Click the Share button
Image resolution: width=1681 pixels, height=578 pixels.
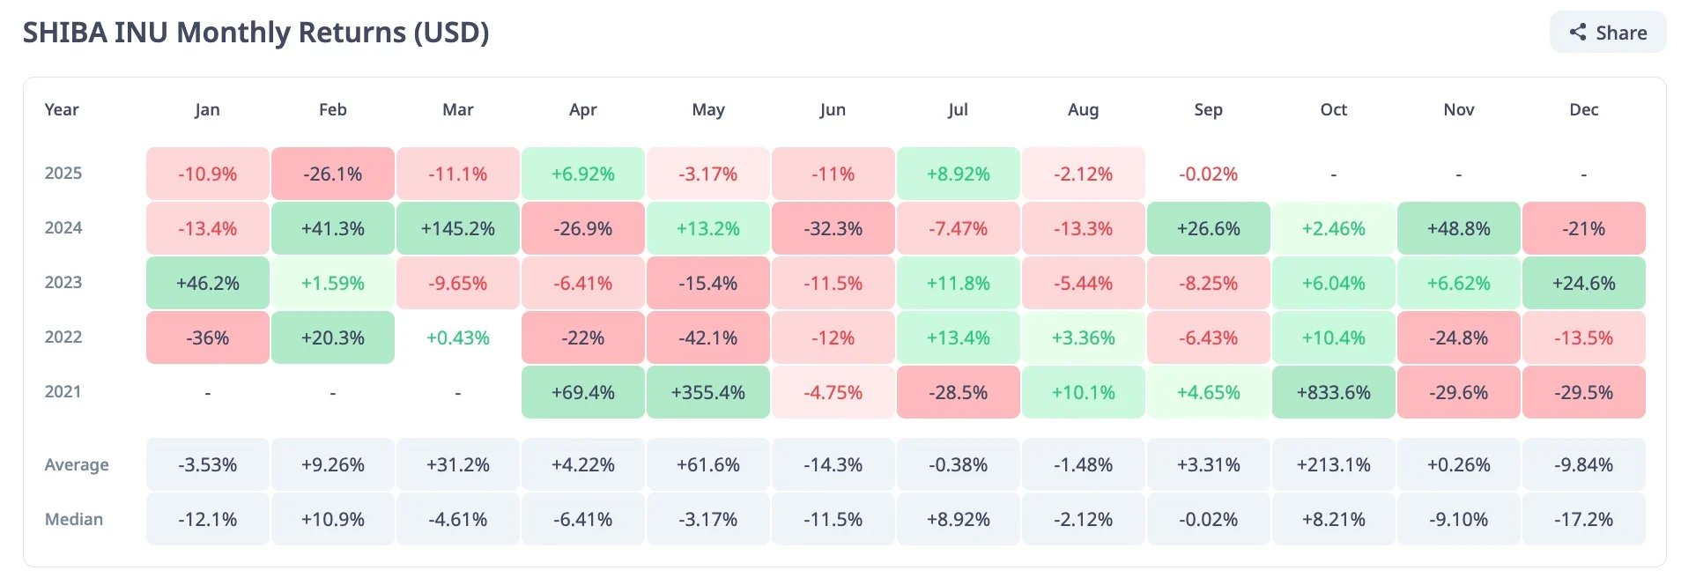(x=1608, y=33)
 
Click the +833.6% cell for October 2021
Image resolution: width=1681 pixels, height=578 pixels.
(x=1333, y=392)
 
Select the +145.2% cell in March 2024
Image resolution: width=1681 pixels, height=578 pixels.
(x=457, y=228)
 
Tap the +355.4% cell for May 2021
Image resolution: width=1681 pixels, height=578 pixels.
(x=707, y=392)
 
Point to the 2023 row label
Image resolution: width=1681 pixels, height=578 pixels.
(x=63, y=283)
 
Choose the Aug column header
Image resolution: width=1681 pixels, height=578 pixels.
(x=1083, y=110)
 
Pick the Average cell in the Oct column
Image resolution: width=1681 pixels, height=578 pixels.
(x=1333, y=464)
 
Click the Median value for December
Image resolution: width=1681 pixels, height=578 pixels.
(x=1583, y=519)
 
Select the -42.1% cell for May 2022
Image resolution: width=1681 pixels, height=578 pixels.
(x=707, y=337)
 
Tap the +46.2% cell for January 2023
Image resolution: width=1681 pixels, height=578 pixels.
(x=207, y=283)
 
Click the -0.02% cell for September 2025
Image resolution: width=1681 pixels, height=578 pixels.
(x=1208, y=174)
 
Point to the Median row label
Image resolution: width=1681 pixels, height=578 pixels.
(x=74, y=519)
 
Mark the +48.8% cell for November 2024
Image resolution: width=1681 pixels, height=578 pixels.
(x=1458, y=228)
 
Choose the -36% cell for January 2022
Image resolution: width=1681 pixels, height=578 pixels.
(x=207, y=337)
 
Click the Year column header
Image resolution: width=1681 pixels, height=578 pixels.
(x=62, y=110)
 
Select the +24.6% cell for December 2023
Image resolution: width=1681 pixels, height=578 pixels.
(x=1583, y=283)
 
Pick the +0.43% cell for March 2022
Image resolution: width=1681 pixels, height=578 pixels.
(x=457, y=337)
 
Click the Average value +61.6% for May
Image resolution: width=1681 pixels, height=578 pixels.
(x=707, y=464)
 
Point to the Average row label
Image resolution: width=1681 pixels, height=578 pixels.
(x=77, y=464)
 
